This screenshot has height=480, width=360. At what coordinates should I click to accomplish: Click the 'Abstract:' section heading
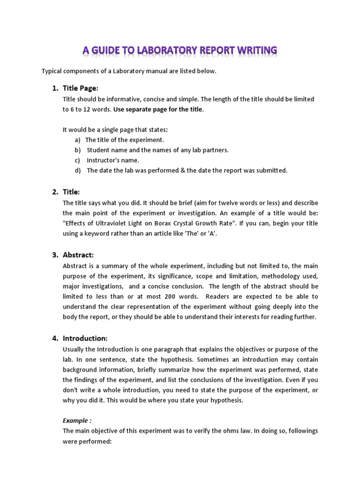[x=78, y=255]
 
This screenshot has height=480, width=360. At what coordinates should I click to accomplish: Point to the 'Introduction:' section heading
[x=85, y=338]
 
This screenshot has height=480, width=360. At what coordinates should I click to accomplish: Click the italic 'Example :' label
[x=77, y=421]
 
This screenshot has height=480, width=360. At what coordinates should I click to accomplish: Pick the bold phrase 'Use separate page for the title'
[x=158, y=109]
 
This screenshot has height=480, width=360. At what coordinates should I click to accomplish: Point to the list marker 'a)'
[x=77, y=140]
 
